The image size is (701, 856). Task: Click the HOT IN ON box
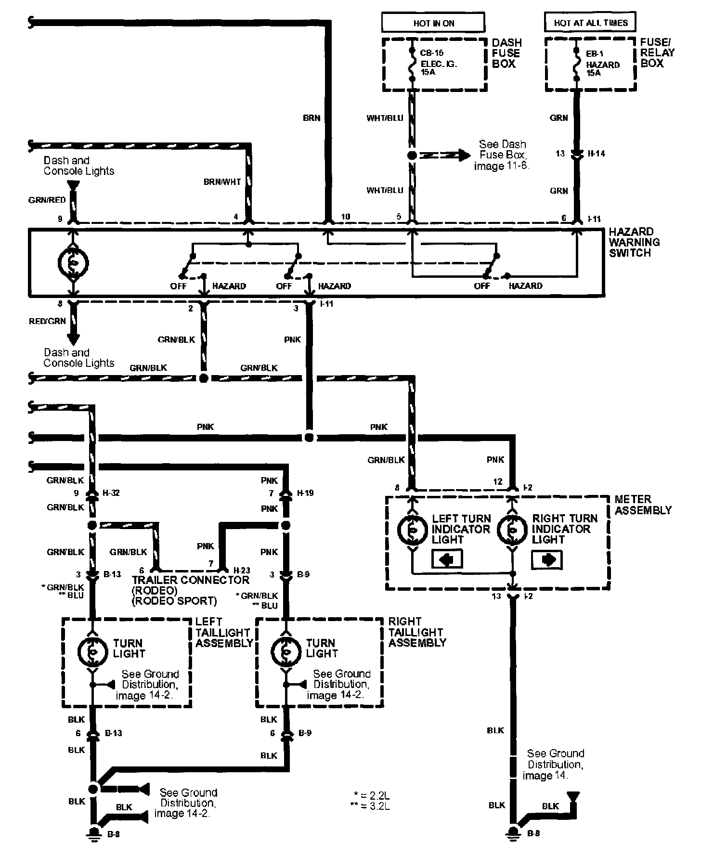tap(433, 23)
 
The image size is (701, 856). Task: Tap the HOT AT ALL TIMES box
tap(590, 22)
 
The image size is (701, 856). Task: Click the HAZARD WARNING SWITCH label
tap(634, 242)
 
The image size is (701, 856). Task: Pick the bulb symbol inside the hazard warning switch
tap(73, 262)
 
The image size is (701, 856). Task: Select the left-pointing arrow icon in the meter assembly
tap(447, 559)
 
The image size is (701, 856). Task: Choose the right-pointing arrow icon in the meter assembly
tap(547, 559)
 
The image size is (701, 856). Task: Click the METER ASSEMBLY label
tap(642, 505)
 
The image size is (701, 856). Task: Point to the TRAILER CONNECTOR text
tap(191, 580)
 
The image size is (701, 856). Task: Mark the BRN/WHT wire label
tap(222, 182)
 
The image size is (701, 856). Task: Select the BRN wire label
tap(312, 117)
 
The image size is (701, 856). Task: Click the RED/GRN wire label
tap(47, 321)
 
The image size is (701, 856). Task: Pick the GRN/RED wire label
tap(47, 200)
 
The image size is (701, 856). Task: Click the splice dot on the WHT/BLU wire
tap(412, 156)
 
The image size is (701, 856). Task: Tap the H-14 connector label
tap(597, 154)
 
